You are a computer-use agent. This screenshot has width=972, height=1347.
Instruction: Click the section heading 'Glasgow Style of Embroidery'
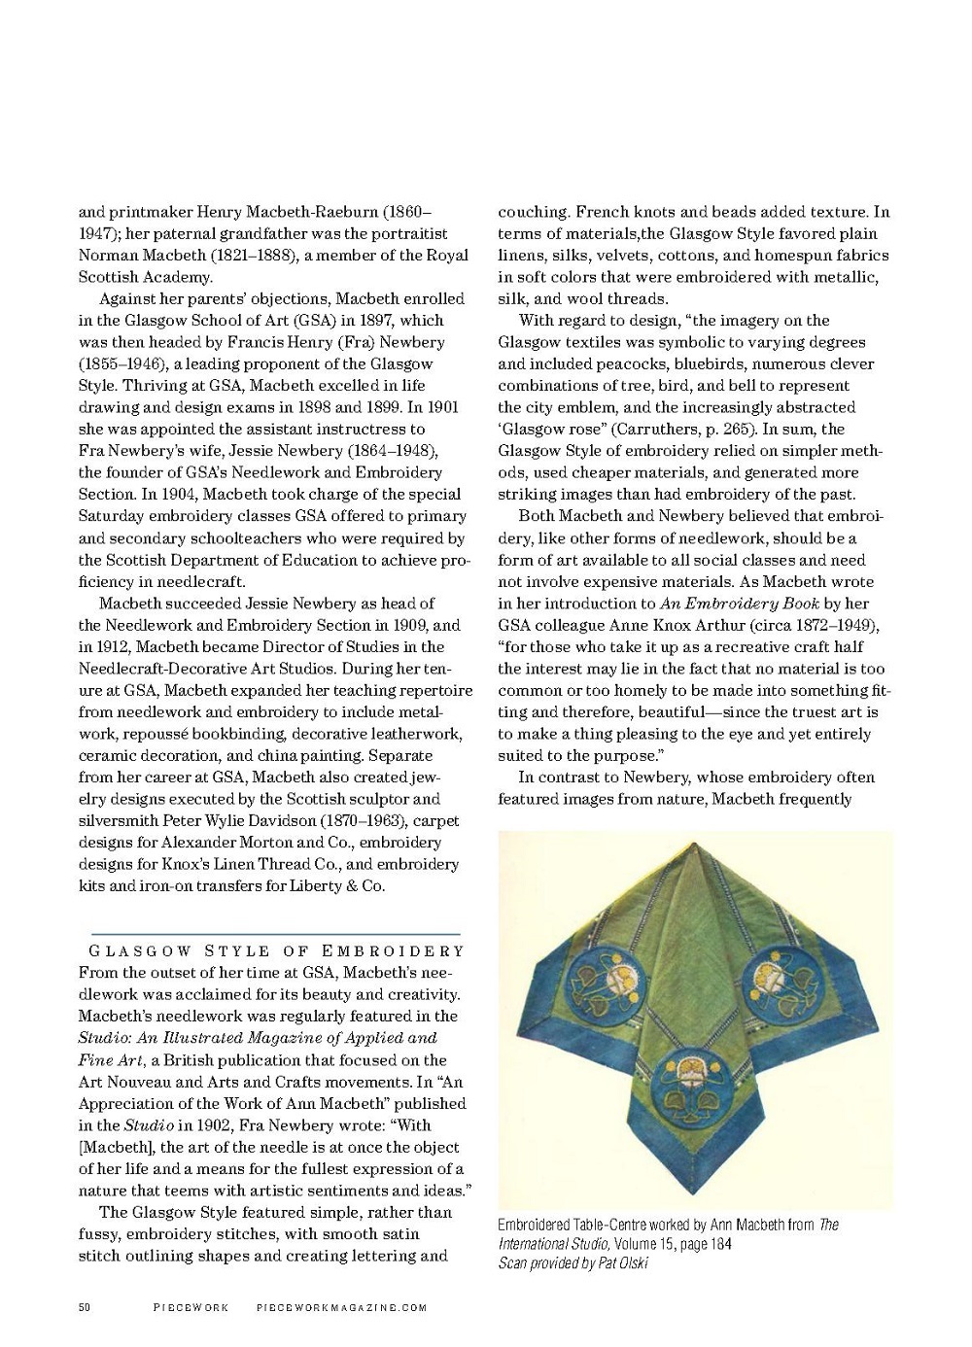(277, 950)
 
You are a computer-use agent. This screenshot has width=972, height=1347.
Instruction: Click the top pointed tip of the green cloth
(688, 842)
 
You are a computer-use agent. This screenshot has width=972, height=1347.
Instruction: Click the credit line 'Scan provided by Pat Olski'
(573, 1262)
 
